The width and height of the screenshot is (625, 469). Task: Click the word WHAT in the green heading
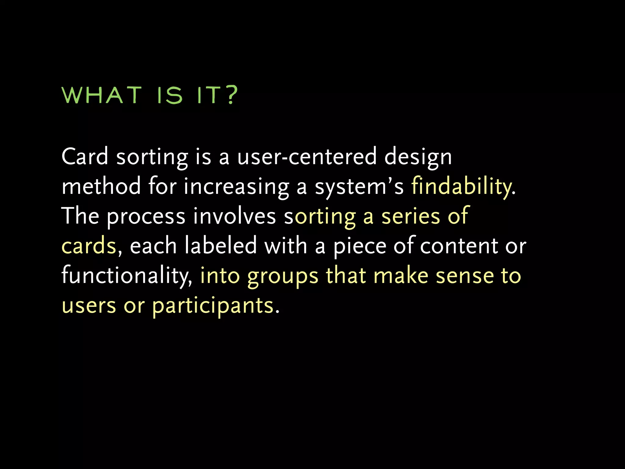coord(102,95)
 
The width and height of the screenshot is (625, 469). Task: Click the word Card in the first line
coord(85,157)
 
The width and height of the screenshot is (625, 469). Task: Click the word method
coord(101,186)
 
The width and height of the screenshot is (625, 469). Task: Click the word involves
coord(234,216)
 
